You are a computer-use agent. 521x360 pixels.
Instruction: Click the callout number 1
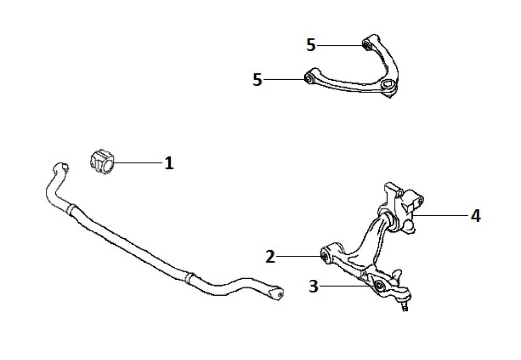[169, 163]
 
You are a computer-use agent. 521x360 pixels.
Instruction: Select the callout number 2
[270, 257]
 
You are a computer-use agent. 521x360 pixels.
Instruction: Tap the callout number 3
[314, 286]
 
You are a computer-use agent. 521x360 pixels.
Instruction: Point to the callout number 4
[476, 216]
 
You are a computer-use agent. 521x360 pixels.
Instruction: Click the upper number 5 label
[311, 45]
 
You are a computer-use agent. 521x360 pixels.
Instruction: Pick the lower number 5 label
[257, 80]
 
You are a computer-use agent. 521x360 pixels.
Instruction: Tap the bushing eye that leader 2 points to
[325, 256]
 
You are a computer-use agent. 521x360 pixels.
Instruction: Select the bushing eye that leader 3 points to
[378, 285]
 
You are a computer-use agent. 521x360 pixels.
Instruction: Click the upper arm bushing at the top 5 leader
[366, 45]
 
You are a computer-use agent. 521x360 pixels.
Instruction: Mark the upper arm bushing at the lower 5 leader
[308, 79]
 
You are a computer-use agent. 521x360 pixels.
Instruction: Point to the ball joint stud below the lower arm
[405, 304]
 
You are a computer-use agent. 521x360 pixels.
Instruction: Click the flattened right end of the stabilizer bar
[276, 293]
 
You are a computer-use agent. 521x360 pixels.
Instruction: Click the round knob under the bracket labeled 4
[408, 228]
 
